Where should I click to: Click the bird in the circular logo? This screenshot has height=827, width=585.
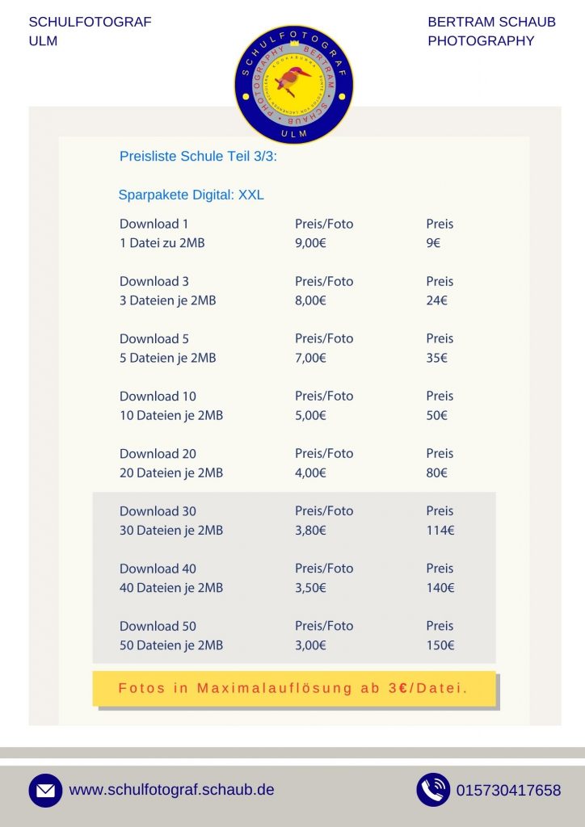tap(293, 79)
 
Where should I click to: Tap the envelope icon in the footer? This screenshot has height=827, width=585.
tap(45, 791)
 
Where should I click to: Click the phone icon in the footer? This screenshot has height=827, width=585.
tap(433, 790)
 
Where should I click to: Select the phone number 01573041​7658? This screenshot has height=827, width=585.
tap(508, 791)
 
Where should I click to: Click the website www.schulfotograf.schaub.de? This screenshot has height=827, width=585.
tap(171, 790)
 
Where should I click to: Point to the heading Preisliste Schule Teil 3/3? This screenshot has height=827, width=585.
tap(198, 157)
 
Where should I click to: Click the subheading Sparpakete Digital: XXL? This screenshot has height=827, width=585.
tap(191, 195)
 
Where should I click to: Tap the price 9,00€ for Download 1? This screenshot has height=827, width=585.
tap(310, 243)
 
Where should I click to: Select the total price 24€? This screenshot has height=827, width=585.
tap(436, 300)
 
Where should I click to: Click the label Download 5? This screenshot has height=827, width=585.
tap(154, 338)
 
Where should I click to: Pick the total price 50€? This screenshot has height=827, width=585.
tap(436, 415)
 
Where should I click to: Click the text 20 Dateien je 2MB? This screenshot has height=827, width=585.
tap(171, 472)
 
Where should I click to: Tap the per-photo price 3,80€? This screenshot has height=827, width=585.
tap(310, 531)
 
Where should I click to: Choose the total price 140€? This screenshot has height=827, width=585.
tap(440, 588)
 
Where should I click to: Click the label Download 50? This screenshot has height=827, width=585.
tap(158, 626)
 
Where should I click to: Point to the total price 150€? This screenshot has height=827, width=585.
tap(440, 645)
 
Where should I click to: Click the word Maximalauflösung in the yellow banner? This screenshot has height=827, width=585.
tap(276, 689)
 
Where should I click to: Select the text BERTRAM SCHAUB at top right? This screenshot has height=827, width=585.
tap(491, 22)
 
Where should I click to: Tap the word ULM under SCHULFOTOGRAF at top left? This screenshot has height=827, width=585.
tap(43, 41)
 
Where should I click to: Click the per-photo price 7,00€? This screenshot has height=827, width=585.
tap(310, 358)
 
